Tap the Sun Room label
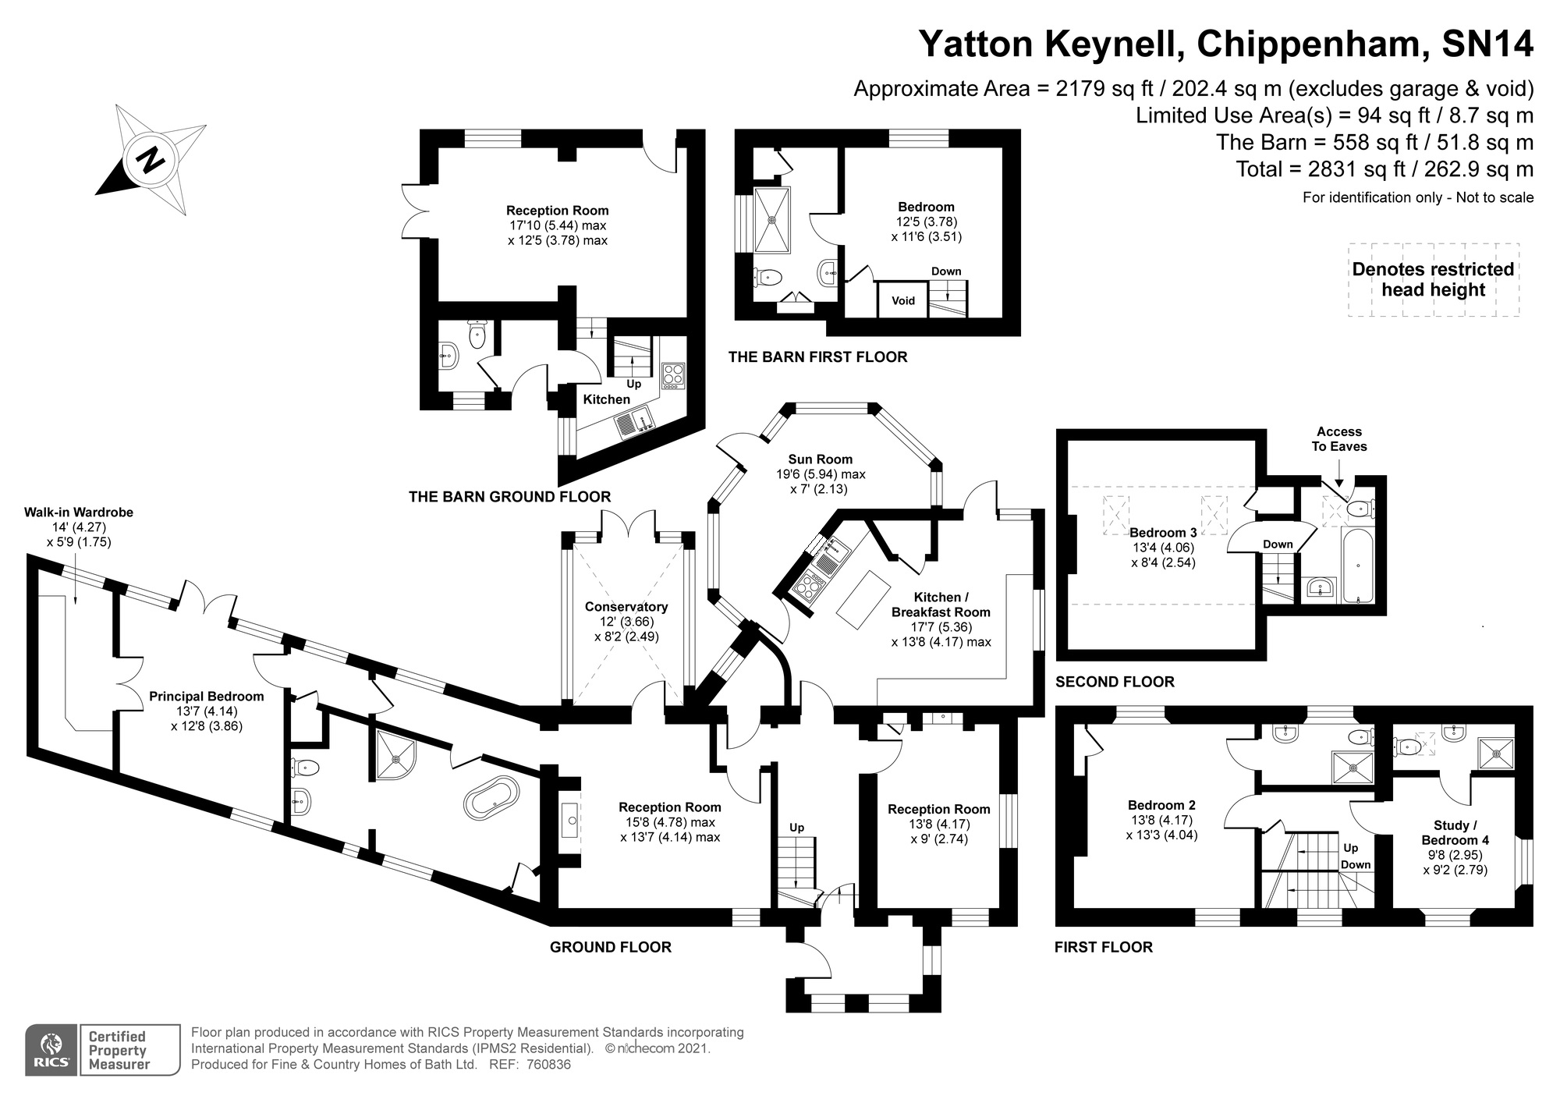click(820, 459)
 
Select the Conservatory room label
click(626, 607)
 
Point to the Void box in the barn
click(902, 300)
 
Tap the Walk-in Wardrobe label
click(79, 512)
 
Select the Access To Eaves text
click(1338, 439)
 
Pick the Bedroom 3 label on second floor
click(1162, 533)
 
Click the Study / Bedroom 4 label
click(1455, 832)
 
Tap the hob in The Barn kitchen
click(672, 375)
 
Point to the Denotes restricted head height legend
click(1433, 279)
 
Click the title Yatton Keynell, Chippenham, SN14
click(1226, 44)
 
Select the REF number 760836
click(548, 1065)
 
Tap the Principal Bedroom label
click(207, 697)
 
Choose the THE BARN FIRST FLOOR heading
click(817, 357)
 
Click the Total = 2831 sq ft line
click(1384, 169)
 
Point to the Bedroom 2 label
click(1161, 805)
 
